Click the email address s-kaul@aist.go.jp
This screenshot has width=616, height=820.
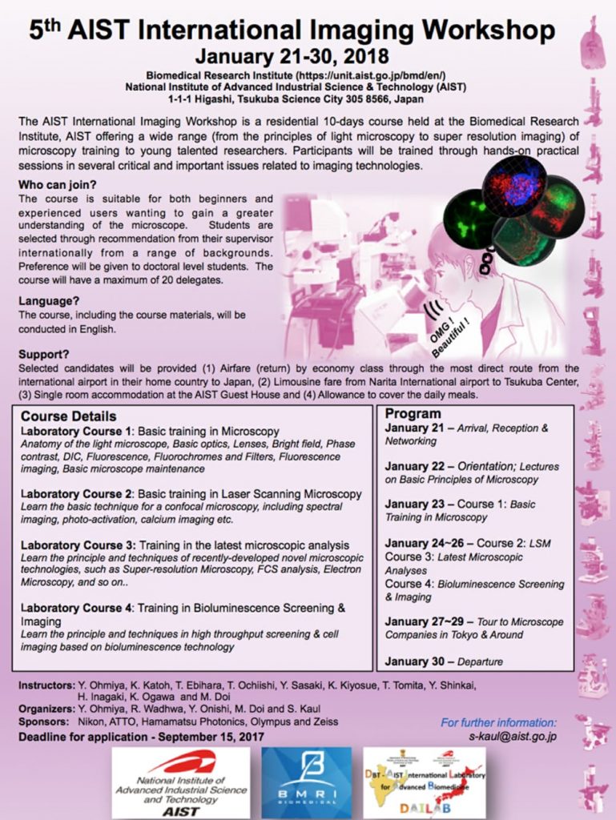(513, 735)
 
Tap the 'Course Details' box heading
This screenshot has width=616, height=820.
(69, 416)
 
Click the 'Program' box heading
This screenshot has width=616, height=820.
(413, 414)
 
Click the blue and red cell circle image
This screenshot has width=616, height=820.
(518, 187)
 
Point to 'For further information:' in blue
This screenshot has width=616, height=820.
(498, 722)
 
